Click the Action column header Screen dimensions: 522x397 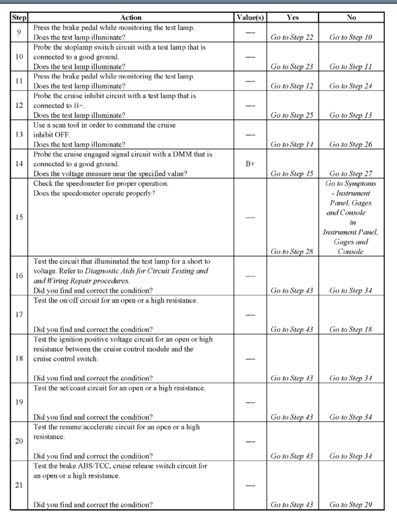pos(132,18)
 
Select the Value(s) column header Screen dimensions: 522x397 pos(249,18)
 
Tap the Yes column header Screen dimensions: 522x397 pos(292,18)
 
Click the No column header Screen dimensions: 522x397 pos(351,18)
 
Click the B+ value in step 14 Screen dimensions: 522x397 pos(249,164)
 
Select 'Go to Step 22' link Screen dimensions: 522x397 pos(292,37)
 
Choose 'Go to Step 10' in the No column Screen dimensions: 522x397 pos(351,37)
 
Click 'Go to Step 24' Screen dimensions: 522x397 pos(351,86)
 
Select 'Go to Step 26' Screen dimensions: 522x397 pos(351,144)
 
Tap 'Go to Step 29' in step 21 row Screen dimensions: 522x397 pos(351,504)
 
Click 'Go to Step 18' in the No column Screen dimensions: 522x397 pos(351,329)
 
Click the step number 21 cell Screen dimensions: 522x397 pos(18,485)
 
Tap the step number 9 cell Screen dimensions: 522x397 pos(18,32)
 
